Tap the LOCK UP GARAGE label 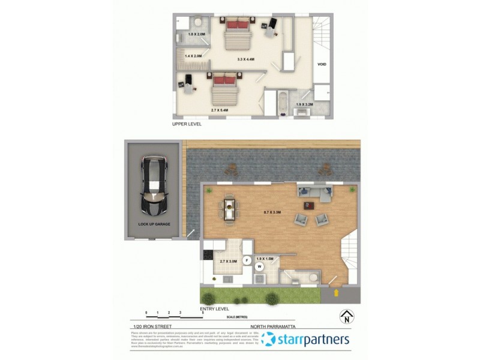154,224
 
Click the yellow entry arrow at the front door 335,293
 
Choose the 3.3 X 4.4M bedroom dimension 246,59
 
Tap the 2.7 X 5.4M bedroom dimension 221,110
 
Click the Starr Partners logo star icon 269,340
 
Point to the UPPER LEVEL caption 187,124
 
